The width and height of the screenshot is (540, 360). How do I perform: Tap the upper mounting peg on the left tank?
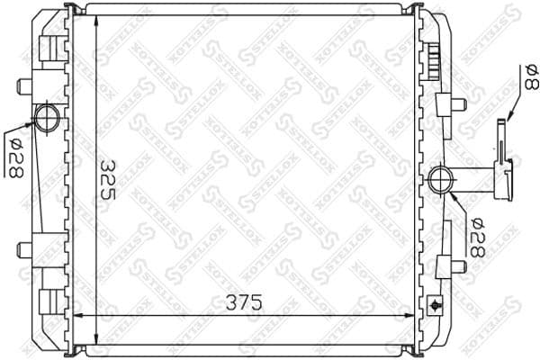click(x=24, y=86)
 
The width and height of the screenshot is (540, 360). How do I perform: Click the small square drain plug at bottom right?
click(x=438, y=303)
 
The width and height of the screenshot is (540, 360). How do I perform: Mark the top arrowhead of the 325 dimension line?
click(x=82, y=20)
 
